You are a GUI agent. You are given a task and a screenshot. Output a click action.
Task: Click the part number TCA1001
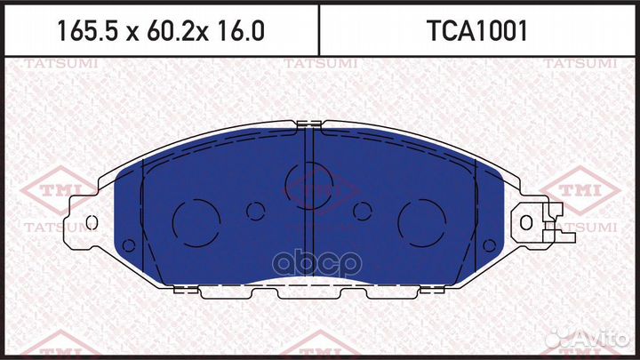[476, 31]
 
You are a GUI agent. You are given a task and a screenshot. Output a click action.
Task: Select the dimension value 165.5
[87, 31]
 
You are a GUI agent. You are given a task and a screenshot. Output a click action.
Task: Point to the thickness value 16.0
[241, 31]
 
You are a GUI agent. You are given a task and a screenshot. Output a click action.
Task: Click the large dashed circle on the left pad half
[196, 223]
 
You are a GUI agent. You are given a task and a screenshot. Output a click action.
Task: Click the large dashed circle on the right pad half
[421, 223]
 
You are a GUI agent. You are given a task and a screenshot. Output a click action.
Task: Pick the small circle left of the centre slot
[255, 211]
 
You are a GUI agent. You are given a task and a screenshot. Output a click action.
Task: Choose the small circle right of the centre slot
[363, 211]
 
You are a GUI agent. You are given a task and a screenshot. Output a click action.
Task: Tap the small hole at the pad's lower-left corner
[129, 245]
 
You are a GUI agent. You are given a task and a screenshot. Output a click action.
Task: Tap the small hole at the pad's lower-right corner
[490, 245]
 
